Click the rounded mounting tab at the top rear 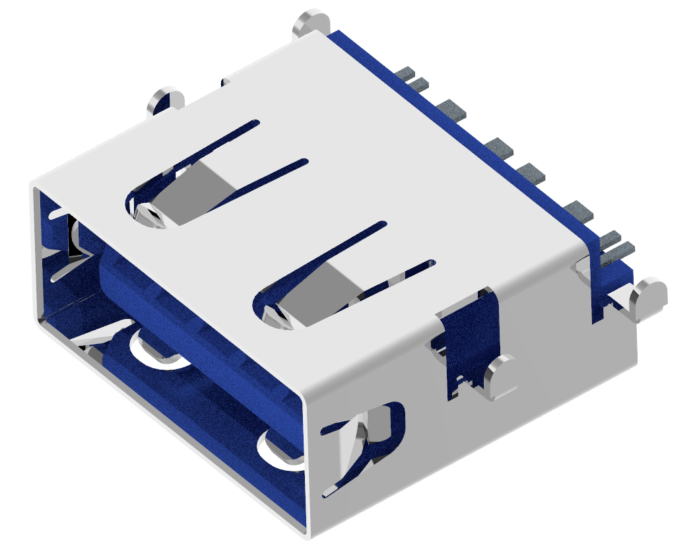tap(312, 22)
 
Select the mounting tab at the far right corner tap(649, 296)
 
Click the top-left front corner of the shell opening tap(34, 186)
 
